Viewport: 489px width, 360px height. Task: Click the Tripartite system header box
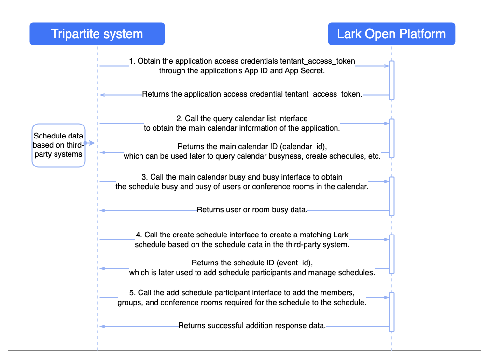(x=98, y=34)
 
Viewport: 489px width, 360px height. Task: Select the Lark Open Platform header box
(x=391, y=34)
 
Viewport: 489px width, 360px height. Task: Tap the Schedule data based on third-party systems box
(x=58, y=145)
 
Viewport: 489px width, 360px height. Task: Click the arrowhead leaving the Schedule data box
(x=91, y=143)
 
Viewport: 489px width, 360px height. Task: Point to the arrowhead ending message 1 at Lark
(x=387, y=66)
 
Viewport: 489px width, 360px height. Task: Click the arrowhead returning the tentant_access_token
(x=102, y=95)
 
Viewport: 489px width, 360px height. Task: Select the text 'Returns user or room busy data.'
(x=252, y=210)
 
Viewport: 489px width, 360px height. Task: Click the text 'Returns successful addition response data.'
(x=252, y=326)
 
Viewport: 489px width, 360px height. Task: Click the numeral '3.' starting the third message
(x=145, y=177)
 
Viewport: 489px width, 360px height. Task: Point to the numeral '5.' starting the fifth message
(x=133, y=292)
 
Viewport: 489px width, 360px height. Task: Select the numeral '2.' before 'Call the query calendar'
(x=180, y=118)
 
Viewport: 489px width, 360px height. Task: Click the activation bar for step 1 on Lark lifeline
(x=391, y=81)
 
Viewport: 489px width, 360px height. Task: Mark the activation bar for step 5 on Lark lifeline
(x=391, y=312)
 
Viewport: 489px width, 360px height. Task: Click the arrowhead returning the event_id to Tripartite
(x=102, y=268)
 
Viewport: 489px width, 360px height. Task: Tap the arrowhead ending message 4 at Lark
(x=387, y=240)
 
